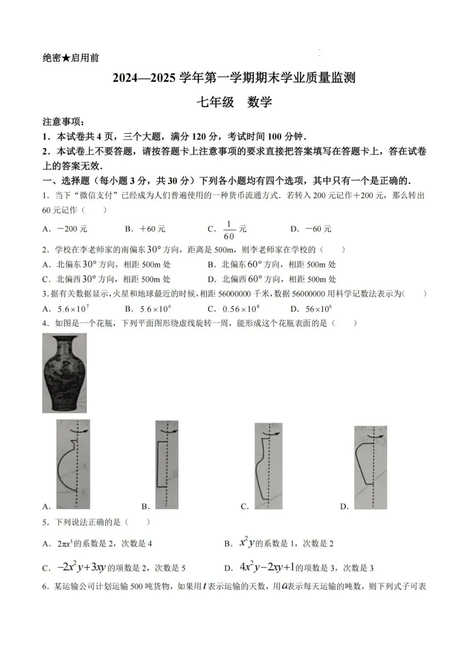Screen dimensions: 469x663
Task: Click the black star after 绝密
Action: [66, 58]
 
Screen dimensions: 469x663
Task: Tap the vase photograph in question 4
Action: [65, 373]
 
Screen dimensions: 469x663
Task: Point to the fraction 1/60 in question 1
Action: [229, 230]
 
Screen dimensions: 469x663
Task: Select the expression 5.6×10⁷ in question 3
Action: [73, 309]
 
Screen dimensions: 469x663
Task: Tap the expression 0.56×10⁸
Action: [241, 309]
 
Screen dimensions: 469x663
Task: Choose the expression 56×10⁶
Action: [319, 309]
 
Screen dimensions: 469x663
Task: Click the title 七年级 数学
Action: [234, 102]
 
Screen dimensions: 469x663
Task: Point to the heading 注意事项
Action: [63, 122]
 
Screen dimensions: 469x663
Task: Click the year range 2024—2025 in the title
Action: [144, 78]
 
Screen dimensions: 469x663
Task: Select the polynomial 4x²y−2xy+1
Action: [267, 567]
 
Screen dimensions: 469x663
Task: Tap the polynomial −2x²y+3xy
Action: [82, 567]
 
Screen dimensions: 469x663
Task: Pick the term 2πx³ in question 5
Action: [65, 544]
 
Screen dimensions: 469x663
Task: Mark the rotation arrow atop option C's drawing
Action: [271, 434]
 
